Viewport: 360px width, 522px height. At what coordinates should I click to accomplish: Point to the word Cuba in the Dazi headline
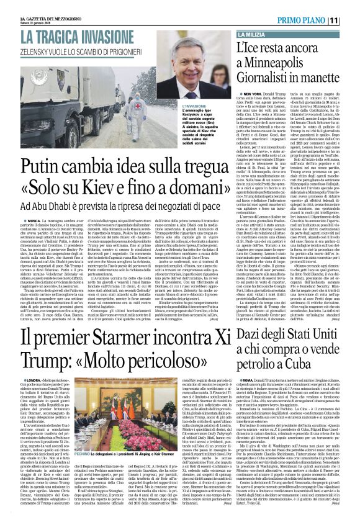coord(337,371)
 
